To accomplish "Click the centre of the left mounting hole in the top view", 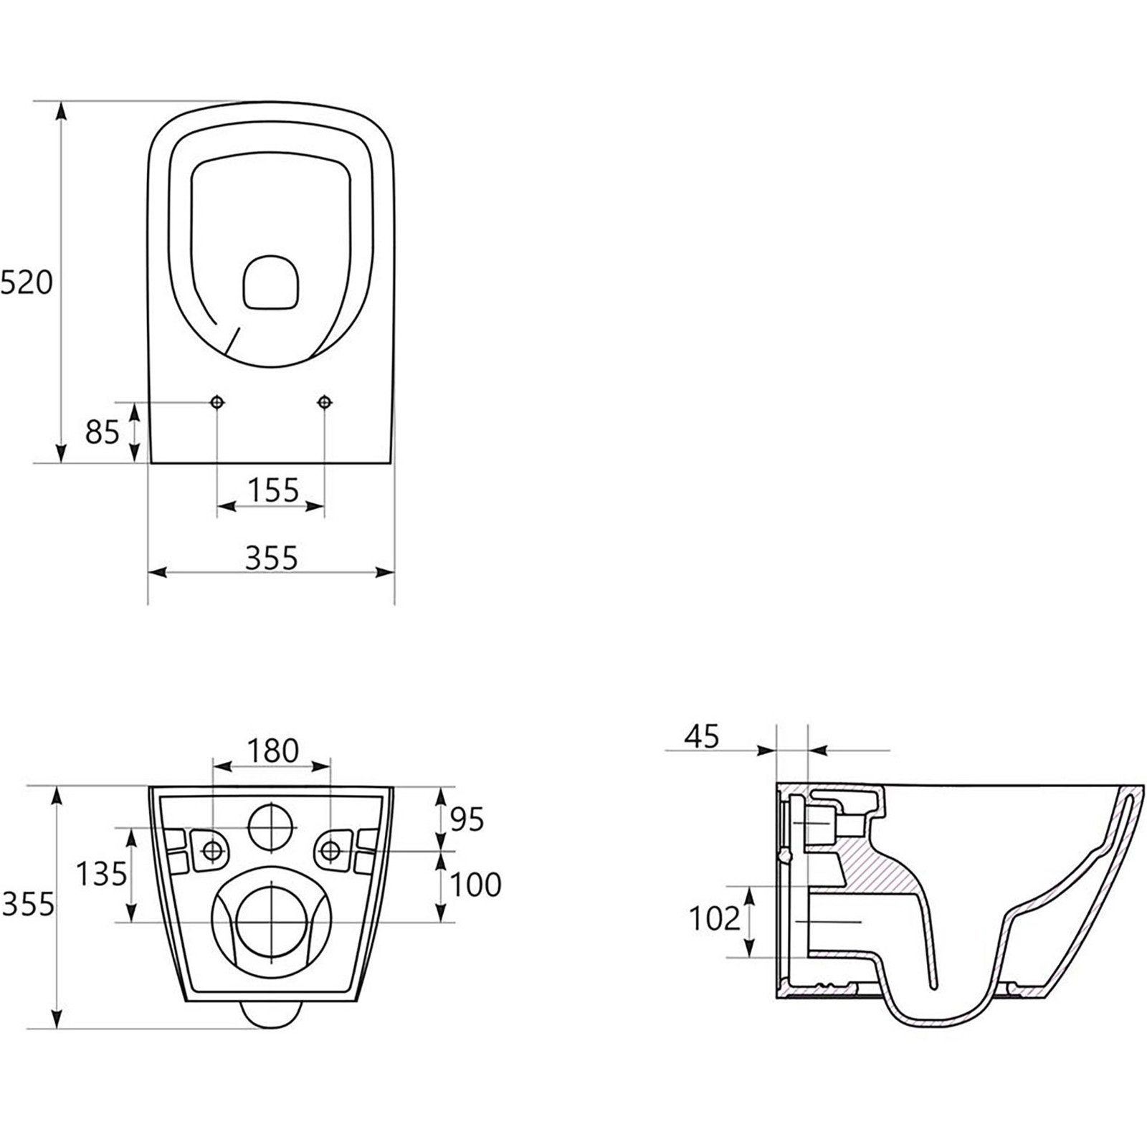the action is pyautogui.click(x=217, y=402).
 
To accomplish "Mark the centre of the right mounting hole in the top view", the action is pyautogui.click(x=325, y=402).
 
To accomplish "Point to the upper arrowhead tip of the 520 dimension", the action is pyautogui.click(x=62, y=102).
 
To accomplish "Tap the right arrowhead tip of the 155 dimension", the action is pyautogui.click(x=325, y=506).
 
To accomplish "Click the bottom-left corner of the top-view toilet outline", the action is pyautogui.click(x=150, y=462).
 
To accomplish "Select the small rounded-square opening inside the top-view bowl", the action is pyautogui.click(x=271, y=283).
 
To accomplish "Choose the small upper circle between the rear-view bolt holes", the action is pyautogui.click(x=271, y=826).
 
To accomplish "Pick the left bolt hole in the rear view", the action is pyautogui.click(x=213, y=850).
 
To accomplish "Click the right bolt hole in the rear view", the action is pyautogui.click(x=330, y=850).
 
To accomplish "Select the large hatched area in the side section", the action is pyautogui.click(x=882, y=860).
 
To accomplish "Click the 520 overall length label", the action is pyautogui.click(x=26, y=284).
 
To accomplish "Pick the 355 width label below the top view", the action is pyautogui.click(x=271, y=557).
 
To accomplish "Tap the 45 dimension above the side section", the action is pyautogui.click(x=702, y=736).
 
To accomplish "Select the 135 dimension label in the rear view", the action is pyautogui.click(x=102, y=874).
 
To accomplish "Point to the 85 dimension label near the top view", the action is pyautogui.click(x=102, y=432).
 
